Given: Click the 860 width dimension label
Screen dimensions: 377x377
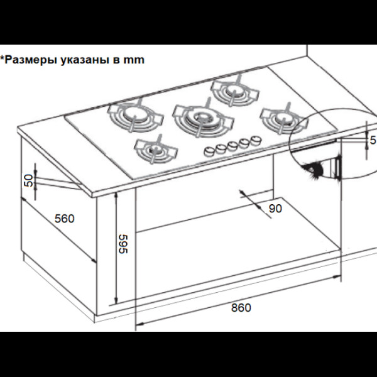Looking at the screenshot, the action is tap(241, 308).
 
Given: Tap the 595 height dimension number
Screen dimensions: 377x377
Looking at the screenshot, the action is tap(123, 244).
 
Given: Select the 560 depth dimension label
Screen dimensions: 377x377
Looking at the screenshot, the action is tap(65, 219).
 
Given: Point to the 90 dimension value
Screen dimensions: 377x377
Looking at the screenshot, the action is tap(275, 209).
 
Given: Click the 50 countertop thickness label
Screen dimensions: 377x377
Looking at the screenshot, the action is tap(29, 180).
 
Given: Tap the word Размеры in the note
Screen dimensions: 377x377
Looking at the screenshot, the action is tap(31, 60).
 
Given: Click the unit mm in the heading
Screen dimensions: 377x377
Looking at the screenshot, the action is tap(134, 60).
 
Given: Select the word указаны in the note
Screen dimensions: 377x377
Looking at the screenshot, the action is tap(85, 60).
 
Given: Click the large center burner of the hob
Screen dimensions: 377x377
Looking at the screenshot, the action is tap(203, 118).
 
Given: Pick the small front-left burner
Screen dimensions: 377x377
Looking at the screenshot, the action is tap(156, 150).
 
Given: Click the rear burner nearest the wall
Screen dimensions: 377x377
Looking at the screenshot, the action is tap(235, 91).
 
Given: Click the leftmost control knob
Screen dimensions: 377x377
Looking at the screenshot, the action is tap(209, 151).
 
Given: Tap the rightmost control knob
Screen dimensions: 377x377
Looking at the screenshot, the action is tap(256, 140).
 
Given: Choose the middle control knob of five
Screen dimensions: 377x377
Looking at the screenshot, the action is tap(232, 146).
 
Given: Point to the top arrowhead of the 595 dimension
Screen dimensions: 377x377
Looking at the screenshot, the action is tap(116, 195).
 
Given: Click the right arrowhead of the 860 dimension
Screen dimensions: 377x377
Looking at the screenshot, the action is tap(337, 277).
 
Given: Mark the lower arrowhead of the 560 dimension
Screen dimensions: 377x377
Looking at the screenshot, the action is tap(94, 260).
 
